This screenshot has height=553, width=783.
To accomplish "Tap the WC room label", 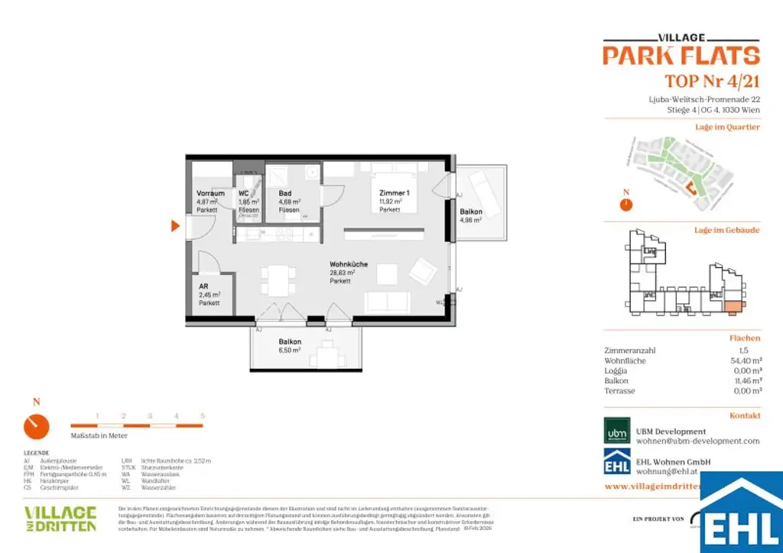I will [x=244, y=193].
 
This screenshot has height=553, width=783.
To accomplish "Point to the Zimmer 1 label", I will [x=395, y=193].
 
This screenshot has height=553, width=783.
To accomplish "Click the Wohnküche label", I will [x=349, y=264].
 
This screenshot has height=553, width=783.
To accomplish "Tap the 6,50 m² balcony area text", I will [x=290, y=350].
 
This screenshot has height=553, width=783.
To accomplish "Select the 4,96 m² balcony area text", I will [x=470, y=220].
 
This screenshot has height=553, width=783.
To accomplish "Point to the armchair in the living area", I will [x=423, y=270].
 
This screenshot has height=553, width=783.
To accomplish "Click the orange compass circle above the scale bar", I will [x=37, y=426].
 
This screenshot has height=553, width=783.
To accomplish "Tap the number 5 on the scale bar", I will [x=203, y=416].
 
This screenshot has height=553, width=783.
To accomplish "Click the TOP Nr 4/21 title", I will [x=712, y=81].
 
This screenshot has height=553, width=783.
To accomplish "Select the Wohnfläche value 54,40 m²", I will [x=746, y=361].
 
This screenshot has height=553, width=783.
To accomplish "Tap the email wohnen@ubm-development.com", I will [x=698, y=441].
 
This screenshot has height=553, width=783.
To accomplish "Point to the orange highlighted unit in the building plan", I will [x=732, y=307].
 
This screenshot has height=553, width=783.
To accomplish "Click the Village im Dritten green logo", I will [x=60, y=518].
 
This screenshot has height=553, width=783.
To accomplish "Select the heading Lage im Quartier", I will [x=726, y=127].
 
